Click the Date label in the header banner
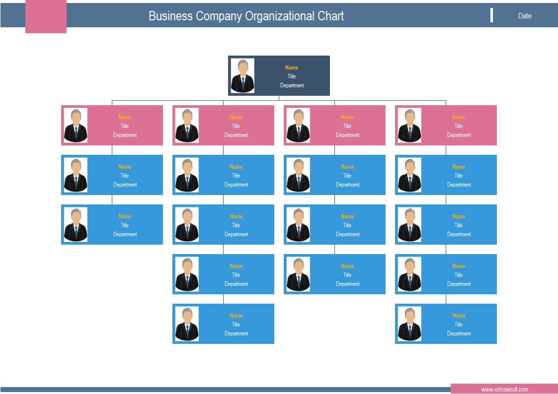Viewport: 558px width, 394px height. click(x=525, y=16)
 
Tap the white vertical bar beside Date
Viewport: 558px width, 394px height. click(x=491, y=15)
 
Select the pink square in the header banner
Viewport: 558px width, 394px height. click(x=46, y=16)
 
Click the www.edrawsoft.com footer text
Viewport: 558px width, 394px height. click(x=505, y=390)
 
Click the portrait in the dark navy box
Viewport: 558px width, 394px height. click(x=242, y=75)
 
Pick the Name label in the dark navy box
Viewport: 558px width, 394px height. click(x=292, y=67)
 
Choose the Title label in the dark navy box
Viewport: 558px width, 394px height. click(x=292, y=76)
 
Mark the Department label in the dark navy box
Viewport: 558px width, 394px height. click(x=292, y=85)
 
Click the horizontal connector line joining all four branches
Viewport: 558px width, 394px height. click(x=279, y=101)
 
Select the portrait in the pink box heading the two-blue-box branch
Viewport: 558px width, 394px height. click(x=76, y=126)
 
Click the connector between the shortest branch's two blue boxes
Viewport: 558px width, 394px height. click(x=112, y=199)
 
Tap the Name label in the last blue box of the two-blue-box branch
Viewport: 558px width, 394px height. click(x=125, y=216)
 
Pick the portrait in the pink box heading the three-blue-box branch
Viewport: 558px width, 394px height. click(x=298, y=126)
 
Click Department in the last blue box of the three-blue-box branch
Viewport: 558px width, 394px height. click(x=348, y=284)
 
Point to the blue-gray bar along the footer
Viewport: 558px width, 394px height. click(x=226, y=390)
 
